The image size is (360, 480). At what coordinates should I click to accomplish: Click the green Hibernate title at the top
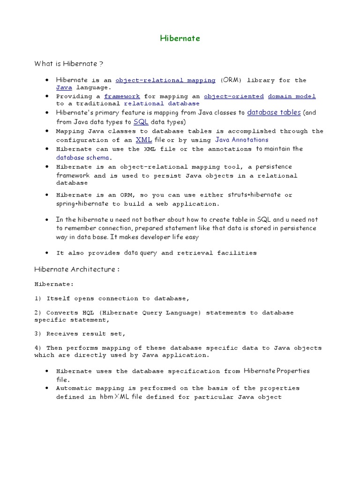coord(180,38)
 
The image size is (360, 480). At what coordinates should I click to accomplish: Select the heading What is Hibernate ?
coord(68,63)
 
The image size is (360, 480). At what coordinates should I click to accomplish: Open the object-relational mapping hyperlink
coord(165,80)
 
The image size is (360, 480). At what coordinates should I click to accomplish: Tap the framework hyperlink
coord(122,96)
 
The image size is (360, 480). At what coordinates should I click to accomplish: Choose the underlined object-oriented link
coord(233,96)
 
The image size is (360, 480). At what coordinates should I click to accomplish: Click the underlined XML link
coord(143,140)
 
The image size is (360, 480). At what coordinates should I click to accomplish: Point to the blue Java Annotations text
coord(242,140)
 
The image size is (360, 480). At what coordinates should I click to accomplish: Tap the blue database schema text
coord(82,157)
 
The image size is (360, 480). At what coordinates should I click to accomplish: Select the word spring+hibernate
coord(82,204)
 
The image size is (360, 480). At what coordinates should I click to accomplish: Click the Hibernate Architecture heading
coord(77,270)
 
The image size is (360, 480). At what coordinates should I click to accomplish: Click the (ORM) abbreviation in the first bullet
coord(231,80)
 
